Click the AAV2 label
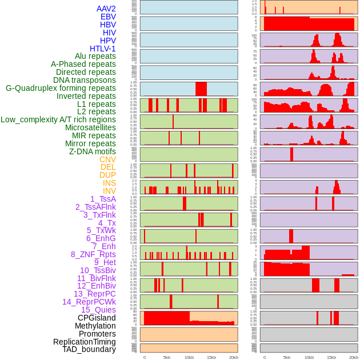pyautogui.click(x=106, y=9)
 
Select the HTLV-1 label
pyautogui.click(x=102, y=49)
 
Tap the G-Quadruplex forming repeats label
pyautogui.click(x=61, y=88)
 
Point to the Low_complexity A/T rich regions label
pyautogui.click(x=58, y=119)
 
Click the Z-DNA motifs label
pyautogui.click(x=92, y=151)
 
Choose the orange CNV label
pyautogui.click(x=107, y=159)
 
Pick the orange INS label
pyautogui.click(x=109, y=183)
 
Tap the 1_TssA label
pyautogui.click(x=103, y=199)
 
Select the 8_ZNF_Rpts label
pyautogui.click(x=93, y=254)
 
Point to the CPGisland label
pyautogui.click(x=97, y=318)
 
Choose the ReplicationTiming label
pyautogui.click(x=84, y=342)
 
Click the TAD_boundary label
pyautogui.click(x=89, y=349)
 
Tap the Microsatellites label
pyautogui.click(x=90, y=127)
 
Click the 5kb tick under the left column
pyautogui.click(x=167, y=357)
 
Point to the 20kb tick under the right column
pyautogui.click(x=354, y=357)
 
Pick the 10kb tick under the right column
pyautogui.click(x=309, y=357)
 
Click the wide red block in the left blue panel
pyautogui.click(x=201, y=89)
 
